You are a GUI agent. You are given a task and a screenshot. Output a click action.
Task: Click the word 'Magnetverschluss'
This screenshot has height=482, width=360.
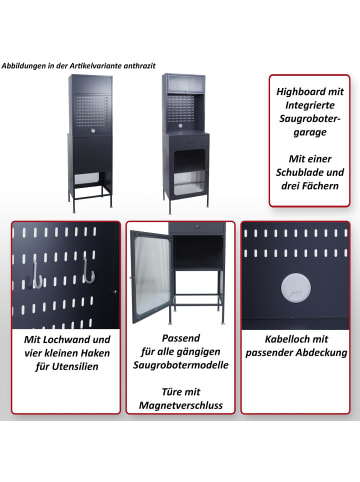(x=182, y=406)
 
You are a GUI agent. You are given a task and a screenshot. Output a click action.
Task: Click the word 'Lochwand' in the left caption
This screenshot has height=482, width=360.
(x=70, y=340)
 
